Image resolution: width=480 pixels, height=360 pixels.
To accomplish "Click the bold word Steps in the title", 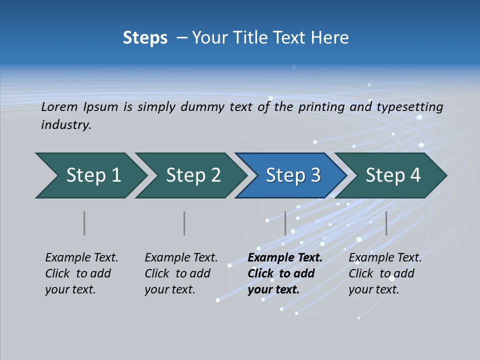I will click(145, 38).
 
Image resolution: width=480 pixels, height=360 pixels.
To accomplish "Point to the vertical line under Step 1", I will click(84, 223).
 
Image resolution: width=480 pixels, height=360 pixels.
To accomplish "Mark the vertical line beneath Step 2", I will click(184, 223).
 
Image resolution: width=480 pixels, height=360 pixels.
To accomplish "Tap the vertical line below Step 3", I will click(285, 223).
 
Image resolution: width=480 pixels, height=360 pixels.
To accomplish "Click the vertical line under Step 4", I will click(386, 223).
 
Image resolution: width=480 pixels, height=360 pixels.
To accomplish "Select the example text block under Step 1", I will click(81, 273).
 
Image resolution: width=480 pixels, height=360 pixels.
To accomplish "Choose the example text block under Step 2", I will click(181, 273).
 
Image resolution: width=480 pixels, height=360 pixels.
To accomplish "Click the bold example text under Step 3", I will click(284, 273).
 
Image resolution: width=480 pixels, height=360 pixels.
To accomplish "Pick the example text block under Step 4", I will click(385, 273).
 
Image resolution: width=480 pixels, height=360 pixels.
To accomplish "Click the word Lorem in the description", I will click(59, 107).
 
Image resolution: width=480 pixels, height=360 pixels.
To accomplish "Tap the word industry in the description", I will click(66, 125).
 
